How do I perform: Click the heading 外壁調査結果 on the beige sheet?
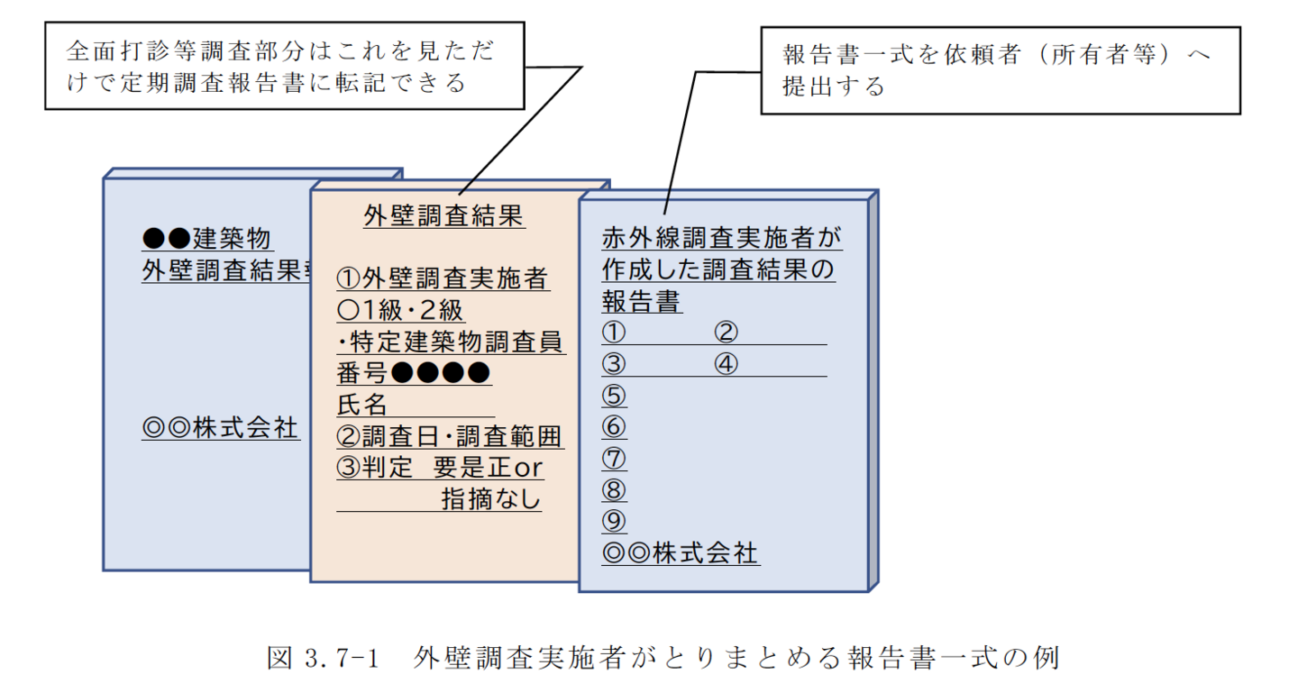tap(443, 216)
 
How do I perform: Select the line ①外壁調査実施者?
tap(443, 278)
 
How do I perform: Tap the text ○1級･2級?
tap(400, 311)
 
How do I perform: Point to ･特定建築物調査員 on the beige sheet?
tap(451, 342)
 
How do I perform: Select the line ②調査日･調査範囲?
tap(450, 437)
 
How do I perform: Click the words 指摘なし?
tap(491, 499)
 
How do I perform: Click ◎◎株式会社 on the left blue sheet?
tap(220, 427)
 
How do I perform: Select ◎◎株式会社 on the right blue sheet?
tap(681, 552)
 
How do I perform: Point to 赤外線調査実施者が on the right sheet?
tap(722, 239)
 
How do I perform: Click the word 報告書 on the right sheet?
tap(642, 301)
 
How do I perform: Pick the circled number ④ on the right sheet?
tap(727, 364)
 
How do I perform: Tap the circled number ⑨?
tap(615, 521)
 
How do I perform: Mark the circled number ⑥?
tap(615, 427)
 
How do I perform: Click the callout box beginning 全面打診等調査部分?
tap(285, 66)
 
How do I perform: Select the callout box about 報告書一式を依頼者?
tap(1000, 70)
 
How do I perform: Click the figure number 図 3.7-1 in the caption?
tap(321, 658)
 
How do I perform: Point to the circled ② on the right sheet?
tap(727, 333)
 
